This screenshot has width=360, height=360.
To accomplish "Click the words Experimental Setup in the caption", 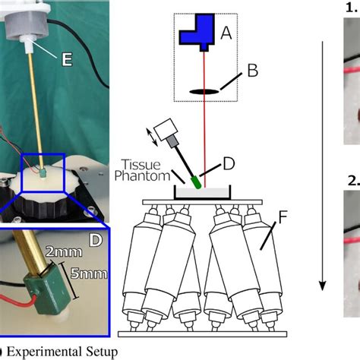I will pos(65,352).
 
